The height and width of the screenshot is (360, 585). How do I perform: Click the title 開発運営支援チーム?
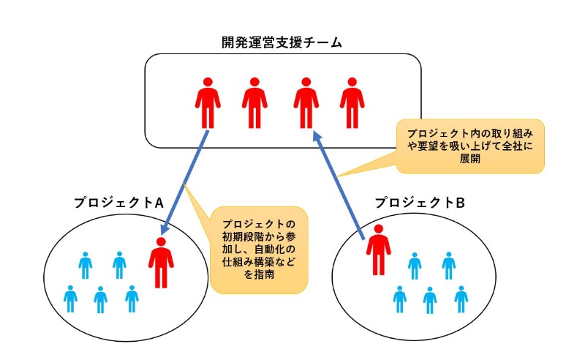[x=282, y=42]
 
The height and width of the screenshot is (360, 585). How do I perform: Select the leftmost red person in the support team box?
[x=208, y=102]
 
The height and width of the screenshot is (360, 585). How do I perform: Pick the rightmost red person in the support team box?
[x=352, y=102]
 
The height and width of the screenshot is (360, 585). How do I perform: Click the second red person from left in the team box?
[x=254, y=102]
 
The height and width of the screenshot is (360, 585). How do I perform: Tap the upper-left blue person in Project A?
[x=86, y=265]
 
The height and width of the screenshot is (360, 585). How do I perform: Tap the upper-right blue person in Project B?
[x=448, y=265]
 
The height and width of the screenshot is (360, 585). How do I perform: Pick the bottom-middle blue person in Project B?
[x=430, y=299]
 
